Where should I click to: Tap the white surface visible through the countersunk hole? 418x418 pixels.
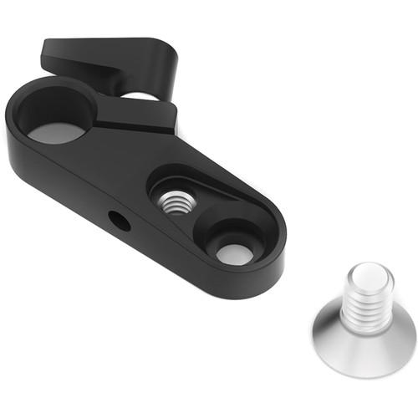236,252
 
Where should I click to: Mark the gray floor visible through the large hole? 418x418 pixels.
57,131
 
